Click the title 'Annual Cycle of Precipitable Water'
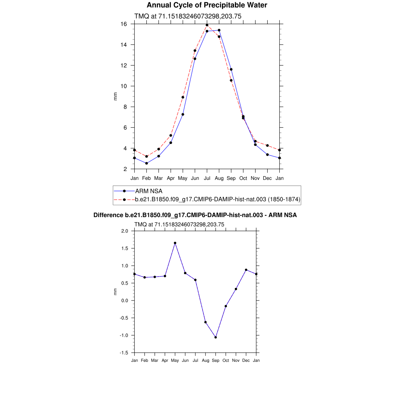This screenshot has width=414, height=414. tap(207, 5)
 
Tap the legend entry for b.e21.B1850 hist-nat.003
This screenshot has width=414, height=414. tap(218, 199)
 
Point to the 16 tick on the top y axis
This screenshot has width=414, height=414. tap(124, 24)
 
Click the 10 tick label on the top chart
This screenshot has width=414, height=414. tap(124, 86)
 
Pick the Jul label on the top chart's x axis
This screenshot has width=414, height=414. tap(207, 178)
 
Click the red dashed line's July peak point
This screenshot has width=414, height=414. tap(207, 25)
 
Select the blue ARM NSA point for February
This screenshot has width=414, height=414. tap(146, 163)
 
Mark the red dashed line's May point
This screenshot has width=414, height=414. tap(183, 97)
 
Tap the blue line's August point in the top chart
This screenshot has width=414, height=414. tap(219, 30)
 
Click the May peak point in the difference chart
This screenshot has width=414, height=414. tap(175, 243)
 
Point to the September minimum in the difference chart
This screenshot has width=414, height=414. tap(215, 337)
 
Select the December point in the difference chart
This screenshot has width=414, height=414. tap(246, 270)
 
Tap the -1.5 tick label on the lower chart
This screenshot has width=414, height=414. tap(124, 353)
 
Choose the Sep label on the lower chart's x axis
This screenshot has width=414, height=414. tap(215, 361)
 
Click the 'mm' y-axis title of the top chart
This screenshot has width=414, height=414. tap(115, 96)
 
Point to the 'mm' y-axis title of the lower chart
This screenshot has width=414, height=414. tap(115, 291)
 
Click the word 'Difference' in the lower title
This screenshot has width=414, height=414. tap(108, 215)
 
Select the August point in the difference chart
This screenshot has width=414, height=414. tap(205, 322)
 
